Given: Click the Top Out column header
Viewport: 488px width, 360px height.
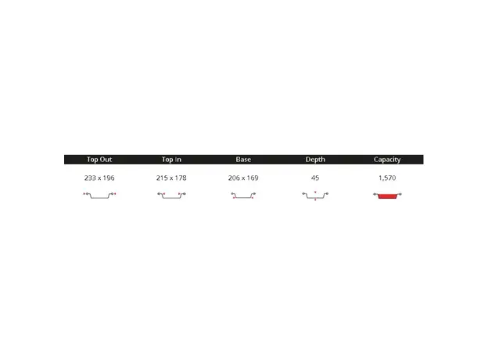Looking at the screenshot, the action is pos(99,160).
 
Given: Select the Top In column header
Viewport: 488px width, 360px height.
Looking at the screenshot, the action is pos(171,160).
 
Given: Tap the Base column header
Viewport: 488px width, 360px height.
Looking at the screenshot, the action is pos(243,160).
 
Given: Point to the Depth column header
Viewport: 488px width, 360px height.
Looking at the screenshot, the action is pos(315,160).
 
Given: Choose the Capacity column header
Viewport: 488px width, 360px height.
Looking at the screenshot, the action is pos(387,160).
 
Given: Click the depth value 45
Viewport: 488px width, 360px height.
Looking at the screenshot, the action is pos(315,178).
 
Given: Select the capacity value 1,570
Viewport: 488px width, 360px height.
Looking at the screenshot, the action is pos(387,178).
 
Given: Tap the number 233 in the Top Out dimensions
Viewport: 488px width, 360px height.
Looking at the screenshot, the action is pos(90,178).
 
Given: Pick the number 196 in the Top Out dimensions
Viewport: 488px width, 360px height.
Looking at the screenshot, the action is pos(109,178).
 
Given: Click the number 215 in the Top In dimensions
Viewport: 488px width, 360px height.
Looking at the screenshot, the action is pos(162,178).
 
